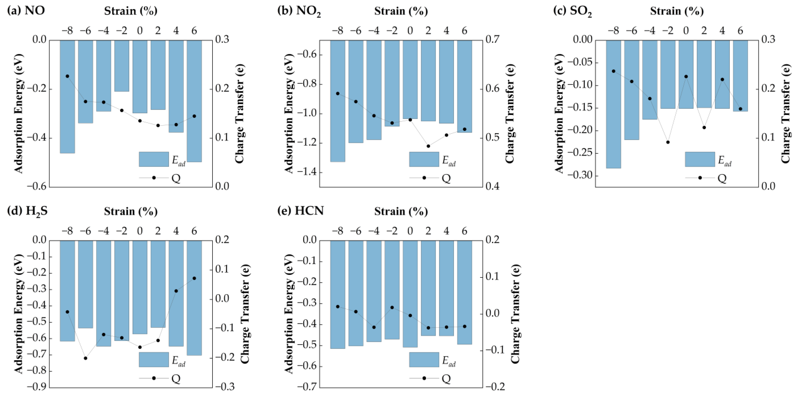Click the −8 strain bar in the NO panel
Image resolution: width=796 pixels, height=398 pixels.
point(67,96)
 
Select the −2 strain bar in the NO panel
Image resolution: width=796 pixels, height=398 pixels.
point(122,66)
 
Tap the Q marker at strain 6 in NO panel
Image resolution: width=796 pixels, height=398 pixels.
point(194,116)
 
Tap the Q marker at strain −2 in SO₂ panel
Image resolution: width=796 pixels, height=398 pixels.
point(668,142)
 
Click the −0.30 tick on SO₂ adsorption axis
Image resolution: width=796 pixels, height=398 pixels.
point(578,176)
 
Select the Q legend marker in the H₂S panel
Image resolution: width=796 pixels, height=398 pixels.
point(154,378)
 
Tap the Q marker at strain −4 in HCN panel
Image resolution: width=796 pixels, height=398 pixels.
point(374,327)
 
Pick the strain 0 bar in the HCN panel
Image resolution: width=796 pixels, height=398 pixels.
point(410,294)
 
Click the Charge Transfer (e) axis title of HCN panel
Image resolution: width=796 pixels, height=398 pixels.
point(514,314)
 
